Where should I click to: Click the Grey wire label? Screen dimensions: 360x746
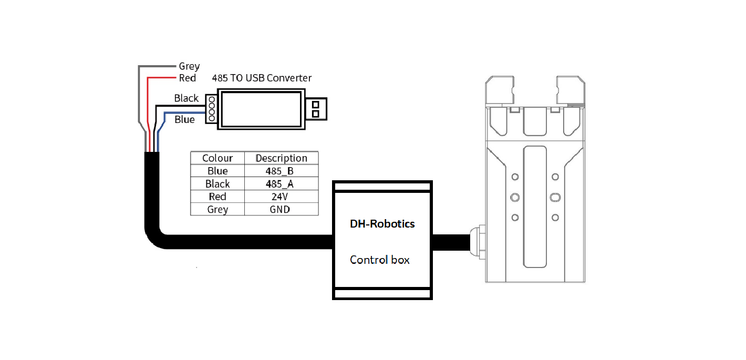189,67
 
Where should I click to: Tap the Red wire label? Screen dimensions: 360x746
187,78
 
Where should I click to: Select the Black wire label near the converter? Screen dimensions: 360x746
186,98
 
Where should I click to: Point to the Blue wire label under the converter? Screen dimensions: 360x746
184,120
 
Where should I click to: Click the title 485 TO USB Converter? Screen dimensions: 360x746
262,78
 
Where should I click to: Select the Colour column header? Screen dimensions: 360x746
217,158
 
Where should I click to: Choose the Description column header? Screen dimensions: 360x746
281,158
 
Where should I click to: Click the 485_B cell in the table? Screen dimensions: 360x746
281,171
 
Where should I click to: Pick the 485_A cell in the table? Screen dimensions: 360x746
281,184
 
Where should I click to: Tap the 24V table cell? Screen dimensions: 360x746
281,197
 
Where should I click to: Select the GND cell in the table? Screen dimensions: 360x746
281,209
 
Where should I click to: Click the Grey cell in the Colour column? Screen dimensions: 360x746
217,209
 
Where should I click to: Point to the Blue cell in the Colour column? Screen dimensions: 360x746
217,171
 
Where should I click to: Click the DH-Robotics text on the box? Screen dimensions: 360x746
382,224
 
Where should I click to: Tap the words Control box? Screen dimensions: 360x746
380,260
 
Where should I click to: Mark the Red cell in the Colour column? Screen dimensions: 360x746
217,197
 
